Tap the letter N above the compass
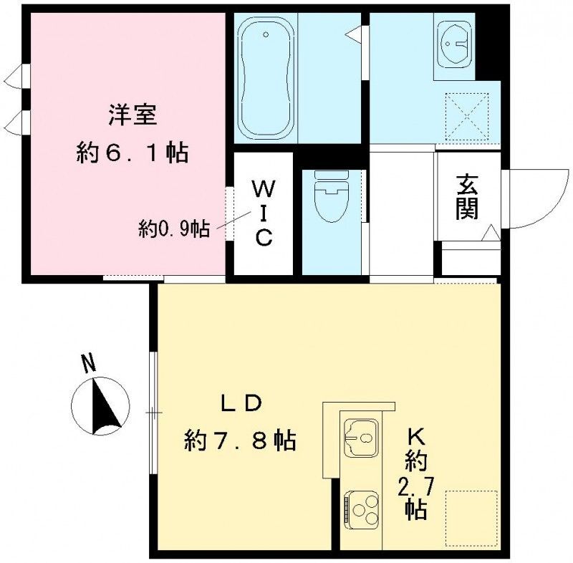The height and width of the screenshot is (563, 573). (88, 364)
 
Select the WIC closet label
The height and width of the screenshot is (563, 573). (263, 213)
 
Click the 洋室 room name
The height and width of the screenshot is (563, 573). (133, 115)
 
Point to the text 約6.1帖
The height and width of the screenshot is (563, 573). (133, 152)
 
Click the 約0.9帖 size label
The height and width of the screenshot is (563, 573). (174, 229)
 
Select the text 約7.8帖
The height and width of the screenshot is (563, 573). (241, 440)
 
